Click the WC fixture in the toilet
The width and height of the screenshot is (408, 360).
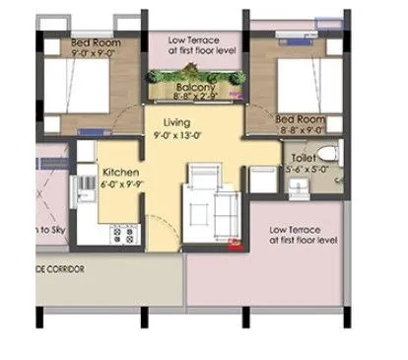point(330,154)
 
